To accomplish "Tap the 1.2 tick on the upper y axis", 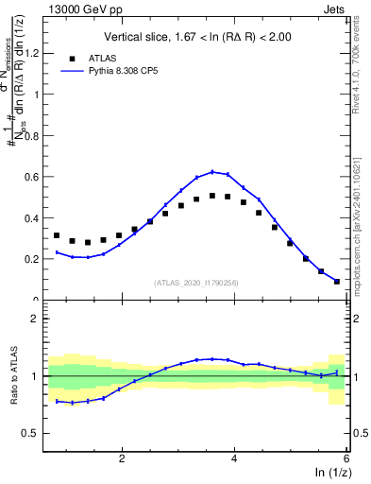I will (34, 54).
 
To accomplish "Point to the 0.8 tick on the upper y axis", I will (34, 136).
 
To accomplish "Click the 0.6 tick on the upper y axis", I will (34, 177).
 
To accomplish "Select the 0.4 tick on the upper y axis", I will (34, 217).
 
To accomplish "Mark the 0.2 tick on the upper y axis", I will (34, 259).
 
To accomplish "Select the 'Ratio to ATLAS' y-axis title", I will (12, 377).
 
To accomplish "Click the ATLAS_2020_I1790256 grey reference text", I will (196, 283).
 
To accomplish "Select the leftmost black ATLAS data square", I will (57, 235).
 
